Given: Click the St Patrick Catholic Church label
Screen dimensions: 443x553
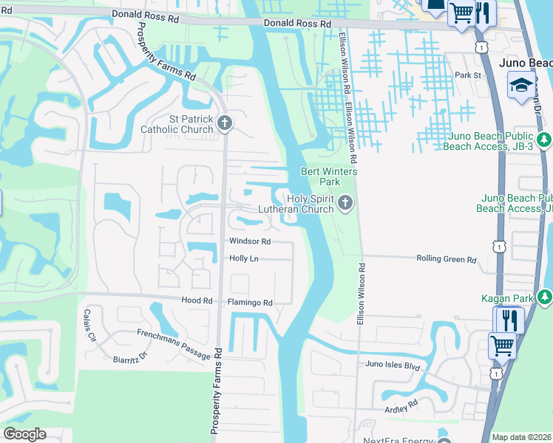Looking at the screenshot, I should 181,124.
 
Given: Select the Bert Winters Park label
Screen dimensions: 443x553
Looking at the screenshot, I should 329,176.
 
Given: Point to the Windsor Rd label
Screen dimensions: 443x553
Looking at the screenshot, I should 250,241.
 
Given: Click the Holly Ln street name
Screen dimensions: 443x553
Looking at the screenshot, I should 243,258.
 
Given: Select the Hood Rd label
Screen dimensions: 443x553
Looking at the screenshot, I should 197,301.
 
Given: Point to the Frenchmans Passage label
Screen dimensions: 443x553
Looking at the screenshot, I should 174,344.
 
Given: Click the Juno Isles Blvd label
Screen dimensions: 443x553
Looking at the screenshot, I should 393,364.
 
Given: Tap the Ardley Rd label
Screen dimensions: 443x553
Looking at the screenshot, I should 401,405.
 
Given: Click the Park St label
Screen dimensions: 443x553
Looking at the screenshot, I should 467,75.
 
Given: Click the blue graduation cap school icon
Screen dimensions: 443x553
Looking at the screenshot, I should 521,85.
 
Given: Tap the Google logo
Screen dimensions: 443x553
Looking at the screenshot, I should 24,434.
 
